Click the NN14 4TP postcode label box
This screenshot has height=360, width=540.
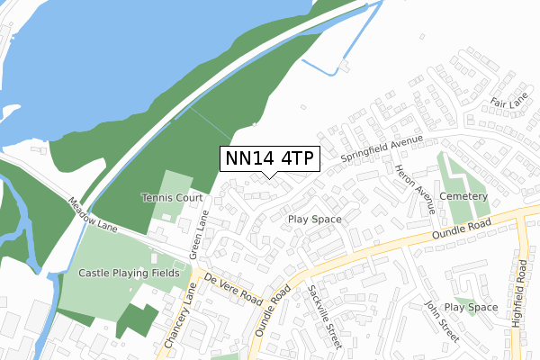pyautogui.click(x=269, y=158)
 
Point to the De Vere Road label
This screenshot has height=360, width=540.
pyautogui.click(x=232, y=287)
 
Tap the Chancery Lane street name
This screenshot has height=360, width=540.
pyautogui.click(x=177, y=319)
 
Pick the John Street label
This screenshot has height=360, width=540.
pyautogui.click(x=443, y=322)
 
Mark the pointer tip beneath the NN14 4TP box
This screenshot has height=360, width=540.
pyautogui.click(x=269, y=176)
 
